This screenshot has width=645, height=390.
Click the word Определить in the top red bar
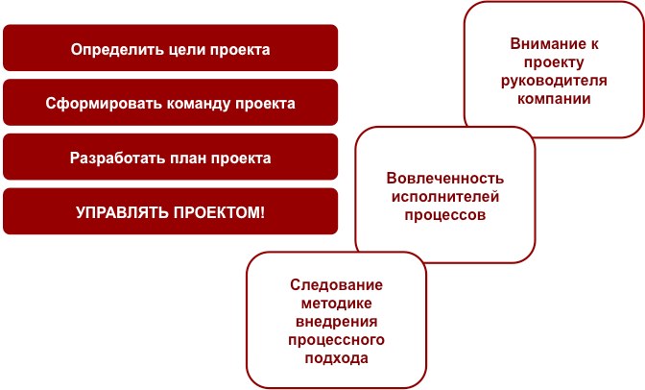point(107,49)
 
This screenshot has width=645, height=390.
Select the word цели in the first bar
point(172,49)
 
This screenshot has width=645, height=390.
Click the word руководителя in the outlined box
point(554,81)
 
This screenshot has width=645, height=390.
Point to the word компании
point(554,99)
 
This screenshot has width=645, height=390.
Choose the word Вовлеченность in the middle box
point(444,179)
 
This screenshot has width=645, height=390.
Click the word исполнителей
point(444,197)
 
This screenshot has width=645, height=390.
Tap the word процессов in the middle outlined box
point(444,215)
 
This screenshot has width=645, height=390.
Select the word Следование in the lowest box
point(336,285)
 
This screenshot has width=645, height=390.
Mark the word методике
point(336,304)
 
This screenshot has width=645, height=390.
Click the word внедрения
point(336,322)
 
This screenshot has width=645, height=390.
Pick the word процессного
point(336,340)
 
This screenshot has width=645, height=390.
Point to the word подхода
point(336,358)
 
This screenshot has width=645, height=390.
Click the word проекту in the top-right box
point(554,62)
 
